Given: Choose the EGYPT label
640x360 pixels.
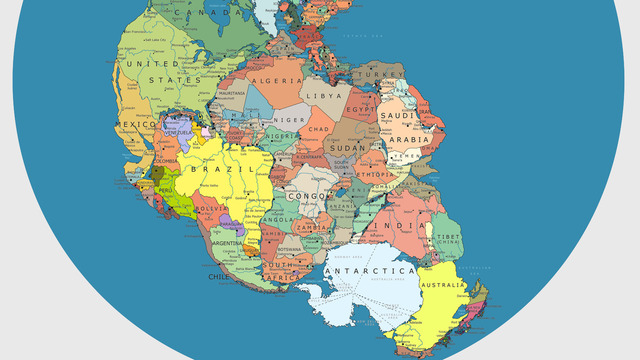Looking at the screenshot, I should [x=362, y=108].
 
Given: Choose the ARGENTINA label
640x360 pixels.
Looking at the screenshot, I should [x=227, y=242].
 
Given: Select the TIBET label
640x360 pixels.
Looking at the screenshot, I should [x=447, y=236].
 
